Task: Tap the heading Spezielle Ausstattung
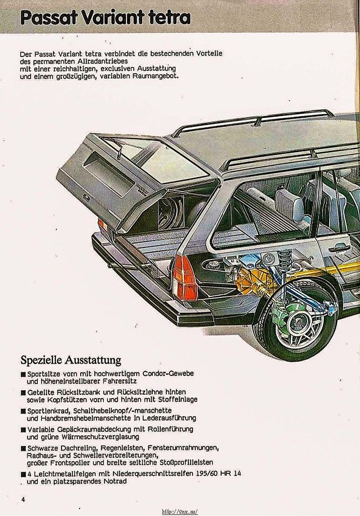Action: coord(71,360)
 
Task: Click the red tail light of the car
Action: coord(185,278)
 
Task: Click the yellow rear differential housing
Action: coord(255,282)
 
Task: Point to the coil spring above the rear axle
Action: coord(285,259)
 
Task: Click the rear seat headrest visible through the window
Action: coord(289,204)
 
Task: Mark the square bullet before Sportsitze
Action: coord(23,374)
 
